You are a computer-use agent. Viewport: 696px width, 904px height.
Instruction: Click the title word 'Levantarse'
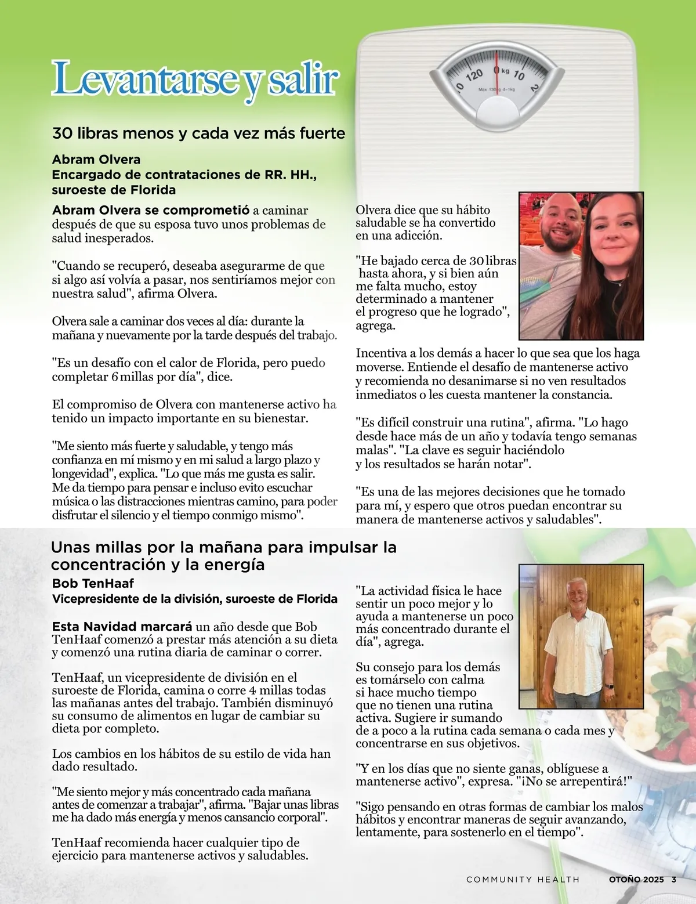click(145, 80)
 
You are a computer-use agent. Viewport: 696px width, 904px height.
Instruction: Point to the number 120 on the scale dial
click(474, 75)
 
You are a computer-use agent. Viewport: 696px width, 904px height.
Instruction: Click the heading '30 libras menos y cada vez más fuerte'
click(198, 133)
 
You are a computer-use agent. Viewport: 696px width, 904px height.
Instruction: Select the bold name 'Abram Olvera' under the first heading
click(96, 160)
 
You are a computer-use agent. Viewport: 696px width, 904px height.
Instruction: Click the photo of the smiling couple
click(581, 266)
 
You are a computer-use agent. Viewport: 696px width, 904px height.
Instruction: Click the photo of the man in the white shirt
click(581, 637)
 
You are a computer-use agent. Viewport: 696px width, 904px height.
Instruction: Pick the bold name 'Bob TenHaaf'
click(93, 584)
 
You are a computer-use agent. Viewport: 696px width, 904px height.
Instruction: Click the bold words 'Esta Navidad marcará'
click(122, 627)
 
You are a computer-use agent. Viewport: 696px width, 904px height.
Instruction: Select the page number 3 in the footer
click(674, 880)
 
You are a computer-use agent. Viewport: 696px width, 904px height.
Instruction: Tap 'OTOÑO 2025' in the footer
click(636, 880)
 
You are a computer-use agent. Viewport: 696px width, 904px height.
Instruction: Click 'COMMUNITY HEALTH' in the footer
click(523, 880)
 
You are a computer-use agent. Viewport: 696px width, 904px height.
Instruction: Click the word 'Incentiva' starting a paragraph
click(381, 353)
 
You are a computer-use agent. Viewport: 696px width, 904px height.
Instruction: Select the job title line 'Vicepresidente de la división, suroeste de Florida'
click(195, 599)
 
